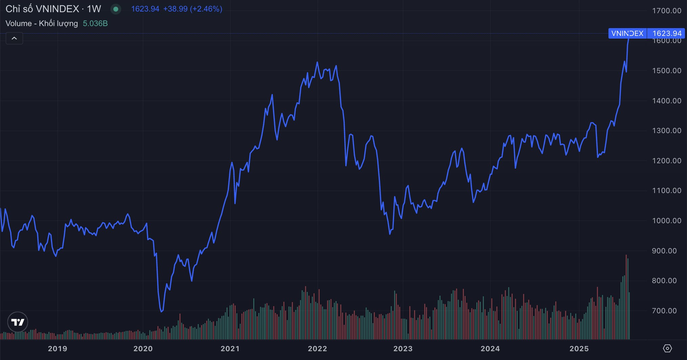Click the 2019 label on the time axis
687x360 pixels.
click(x=58, y=348)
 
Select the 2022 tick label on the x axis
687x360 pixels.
click(x=317, y=348)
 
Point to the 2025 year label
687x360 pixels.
click(x=579, y=348)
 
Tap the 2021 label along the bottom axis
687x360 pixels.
click(x=230, y=348)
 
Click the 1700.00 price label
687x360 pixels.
click(x=666, y=10)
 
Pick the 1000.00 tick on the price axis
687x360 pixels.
click(x=666, y=220)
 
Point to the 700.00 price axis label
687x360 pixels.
click(x=664, y=311)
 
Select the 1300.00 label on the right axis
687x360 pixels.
click(x=666, y=130)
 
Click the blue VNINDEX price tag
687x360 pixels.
click(x=627, y=33)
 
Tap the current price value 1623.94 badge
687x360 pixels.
click(x=667, y=33)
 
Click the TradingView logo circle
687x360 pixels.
click(x=18, y=322)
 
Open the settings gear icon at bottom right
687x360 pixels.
click(x=667, y=348)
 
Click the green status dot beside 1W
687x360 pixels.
click(x=116, y=9)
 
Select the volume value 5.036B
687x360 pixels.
click(x=95, y=23)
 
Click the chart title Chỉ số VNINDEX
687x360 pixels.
click(x=42, y=9)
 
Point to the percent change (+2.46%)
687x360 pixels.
click(x=206, y=9)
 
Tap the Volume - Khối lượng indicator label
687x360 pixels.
click(x=42, y=23)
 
